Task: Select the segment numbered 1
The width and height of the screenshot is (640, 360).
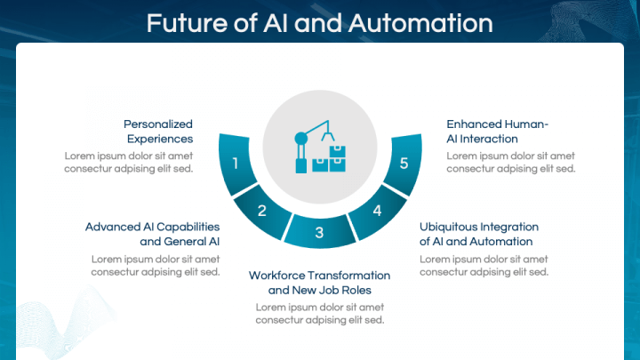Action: point(236,163)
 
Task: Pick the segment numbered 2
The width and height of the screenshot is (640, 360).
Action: point(262,212)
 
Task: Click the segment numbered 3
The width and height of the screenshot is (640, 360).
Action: point(319,234)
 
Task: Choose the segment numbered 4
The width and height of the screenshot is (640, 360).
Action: point(377,212)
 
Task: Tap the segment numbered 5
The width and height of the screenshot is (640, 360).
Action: point(404,163)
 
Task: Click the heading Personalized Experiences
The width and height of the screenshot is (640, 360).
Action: point(158,132)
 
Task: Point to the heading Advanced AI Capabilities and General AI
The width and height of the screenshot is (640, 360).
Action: point(152,234)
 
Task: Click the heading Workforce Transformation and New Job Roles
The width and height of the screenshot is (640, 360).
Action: point(319,283)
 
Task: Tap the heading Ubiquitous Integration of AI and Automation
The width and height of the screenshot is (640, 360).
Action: point(479,234)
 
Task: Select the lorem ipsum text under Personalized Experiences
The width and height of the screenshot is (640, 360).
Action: point(129,162)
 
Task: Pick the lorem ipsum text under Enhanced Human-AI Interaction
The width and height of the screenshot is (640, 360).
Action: point(511,162)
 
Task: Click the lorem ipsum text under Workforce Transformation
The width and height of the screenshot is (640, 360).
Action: point(319,314)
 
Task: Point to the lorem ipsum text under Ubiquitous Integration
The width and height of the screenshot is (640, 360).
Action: point(484,265)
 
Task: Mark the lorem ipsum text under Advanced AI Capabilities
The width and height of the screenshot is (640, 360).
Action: point(156,265)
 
